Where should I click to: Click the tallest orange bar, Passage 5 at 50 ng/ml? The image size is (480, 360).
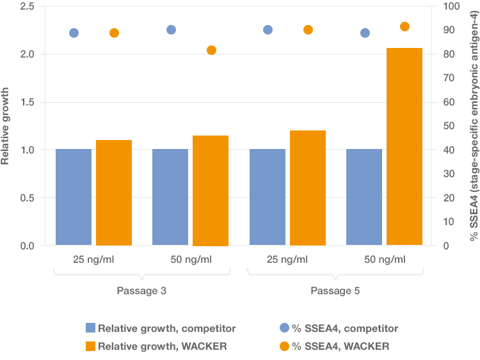point(404,146)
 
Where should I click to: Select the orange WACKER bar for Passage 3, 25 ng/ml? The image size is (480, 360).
point(114,192)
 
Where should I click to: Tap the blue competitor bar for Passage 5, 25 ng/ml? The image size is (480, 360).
point(268,197)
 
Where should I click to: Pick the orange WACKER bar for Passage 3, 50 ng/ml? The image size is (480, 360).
point(211,191)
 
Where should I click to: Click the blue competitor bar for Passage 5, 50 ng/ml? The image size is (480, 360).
point(364,197)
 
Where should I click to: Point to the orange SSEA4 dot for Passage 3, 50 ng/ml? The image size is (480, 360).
point(211,51)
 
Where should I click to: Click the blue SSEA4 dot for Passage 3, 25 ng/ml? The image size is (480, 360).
point(74,33)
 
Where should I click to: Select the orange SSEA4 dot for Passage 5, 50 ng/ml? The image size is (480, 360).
point(404,27)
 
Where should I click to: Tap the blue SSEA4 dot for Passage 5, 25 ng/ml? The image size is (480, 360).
point(268,30)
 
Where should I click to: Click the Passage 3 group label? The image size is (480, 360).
point(141,291)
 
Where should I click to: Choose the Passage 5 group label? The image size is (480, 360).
point(335,291)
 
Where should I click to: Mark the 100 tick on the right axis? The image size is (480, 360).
point(452,6)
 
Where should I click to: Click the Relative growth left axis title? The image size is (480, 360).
point(6,126)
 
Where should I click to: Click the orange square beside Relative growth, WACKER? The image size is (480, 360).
point(90,346)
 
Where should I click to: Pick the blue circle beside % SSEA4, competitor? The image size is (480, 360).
point(285,328)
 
